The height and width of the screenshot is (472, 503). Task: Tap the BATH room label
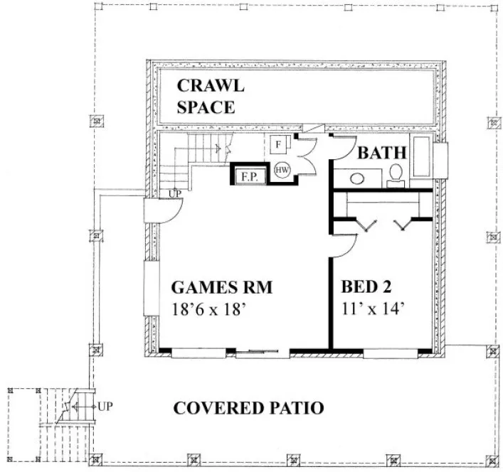coord(381,153)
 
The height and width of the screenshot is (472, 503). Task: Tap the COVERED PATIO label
coord(249,408)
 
